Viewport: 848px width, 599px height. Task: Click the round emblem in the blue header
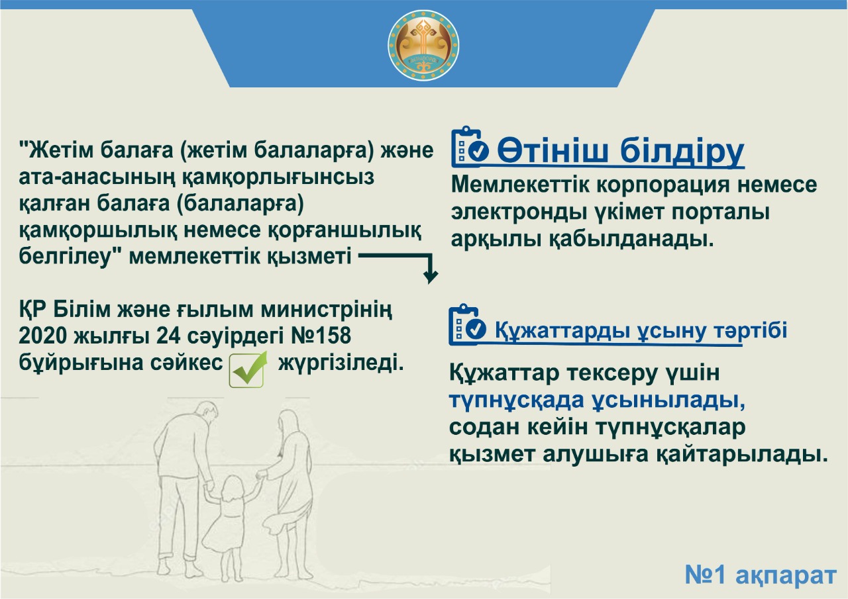tap(423, 46)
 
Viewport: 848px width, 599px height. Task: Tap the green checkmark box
tap(248, 369)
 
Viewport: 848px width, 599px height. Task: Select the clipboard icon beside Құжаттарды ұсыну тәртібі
tap(467, 324)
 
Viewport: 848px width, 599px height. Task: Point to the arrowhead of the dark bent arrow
tap(431, 277)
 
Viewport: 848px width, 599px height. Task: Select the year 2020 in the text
tap(42, 336)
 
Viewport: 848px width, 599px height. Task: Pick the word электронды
tap(516, 212)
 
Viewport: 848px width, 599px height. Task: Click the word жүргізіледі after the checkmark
tap(341, 363)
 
